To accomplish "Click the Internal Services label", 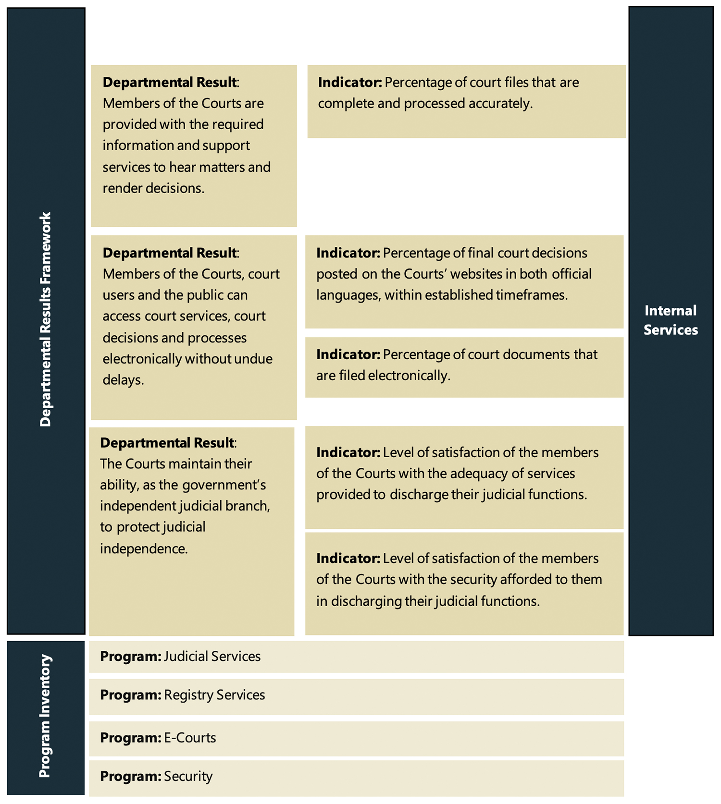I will click(x=671, y=320).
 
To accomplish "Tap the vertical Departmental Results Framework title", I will click(x=46, y=319).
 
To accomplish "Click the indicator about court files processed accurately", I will click(x=466, y=101).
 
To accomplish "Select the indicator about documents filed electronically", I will click(x=464, y=367).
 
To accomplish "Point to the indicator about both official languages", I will click(x=464, y=281).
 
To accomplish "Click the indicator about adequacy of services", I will click(x=464, y=477).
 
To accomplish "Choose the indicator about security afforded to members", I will click(x=464, y=583).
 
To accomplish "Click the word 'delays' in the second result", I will click(x=123, y=380).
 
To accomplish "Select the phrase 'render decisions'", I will click(x=153, y=188).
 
